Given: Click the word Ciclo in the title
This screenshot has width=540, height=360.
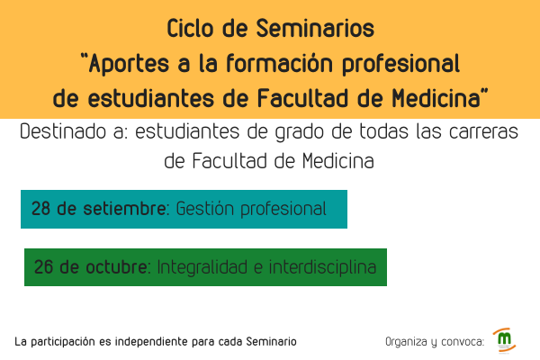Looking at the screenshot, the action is point(190,28).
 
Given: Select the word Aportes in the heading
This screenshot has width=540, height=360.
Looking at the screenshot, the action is point(129,65).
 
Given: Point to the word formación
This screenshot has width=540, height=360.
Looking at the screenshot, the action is point(279,63).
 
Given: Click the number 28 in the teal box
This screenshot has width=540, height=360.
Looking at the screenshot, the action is point(40,209).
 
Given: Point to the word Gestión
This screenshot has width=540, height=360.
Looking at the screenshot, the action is point(205,209).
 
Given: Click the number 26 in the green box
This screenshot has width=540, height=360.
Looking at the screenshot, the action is point(43,267).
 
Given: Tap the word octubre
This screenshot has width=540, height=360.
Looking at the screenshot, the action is point(116,267).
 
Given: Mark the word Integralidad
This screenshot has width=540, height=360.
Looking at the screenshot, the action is point(202,267).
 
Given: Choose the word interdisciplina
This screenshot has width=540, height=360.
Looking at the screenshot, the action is point(322,267).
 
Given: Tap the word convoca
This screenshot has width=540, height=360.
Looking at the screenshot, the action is point(463,342).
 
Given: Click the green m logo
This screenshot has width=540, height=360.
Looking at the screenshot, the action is point(504,340).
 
